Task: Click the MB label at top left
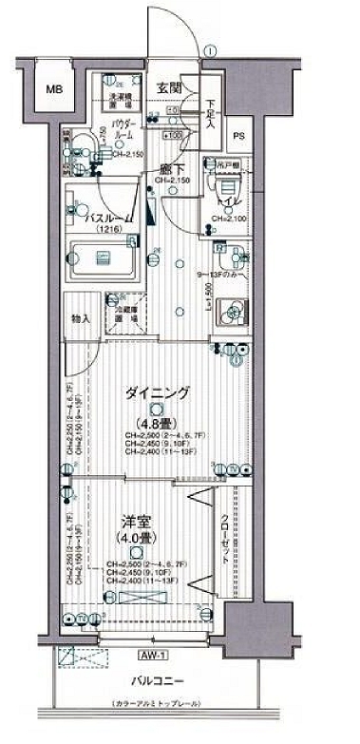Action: point(54,91)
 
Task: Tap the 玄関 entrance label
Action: point(168,87)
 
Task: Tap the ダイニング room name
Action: point(153,392)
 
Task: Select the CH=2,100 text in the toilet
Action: point(229,219)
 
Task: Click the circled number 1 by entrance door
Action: point(208,50)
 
